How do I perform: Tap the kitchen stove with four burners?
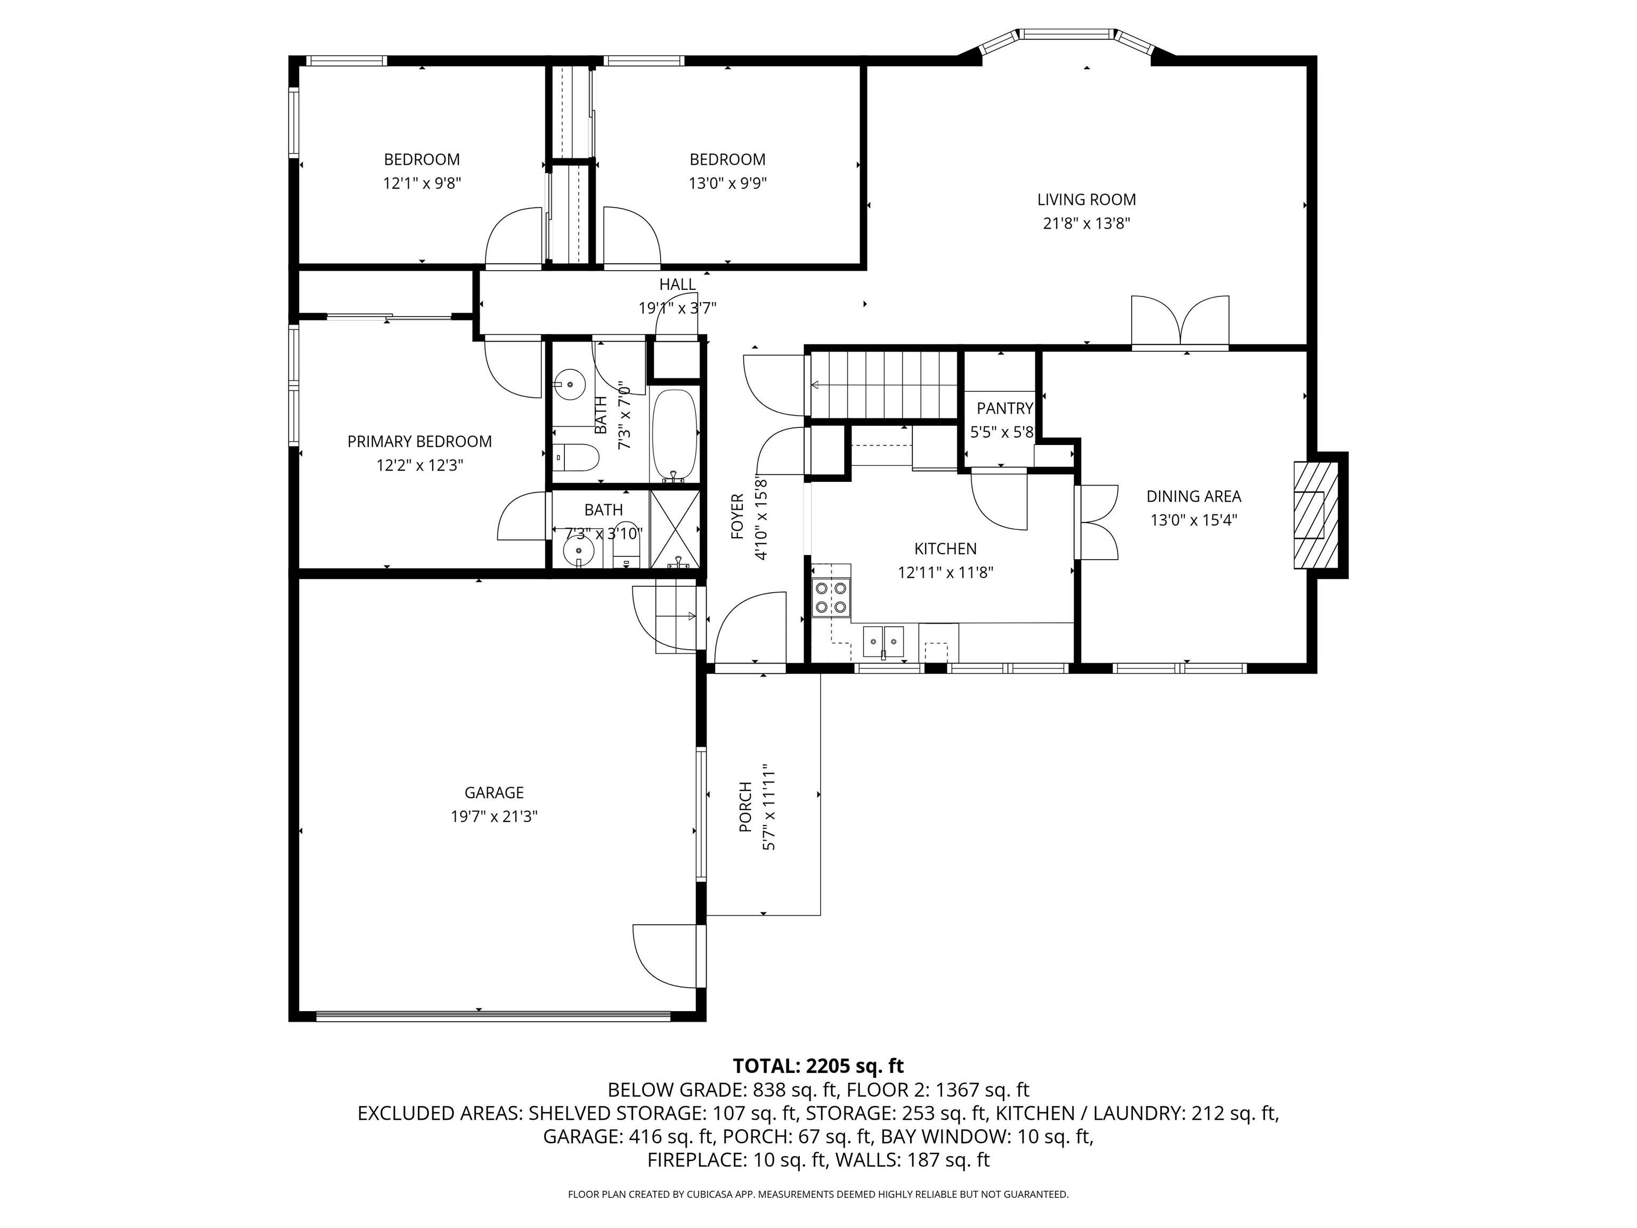point(830,598)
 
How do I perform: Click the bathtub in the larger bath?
point(674,435)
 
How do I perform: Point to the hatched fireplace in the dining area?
point(1315,515)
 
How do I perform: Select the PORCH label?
point(745,807)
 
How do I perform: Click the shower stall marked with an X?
point(674,529)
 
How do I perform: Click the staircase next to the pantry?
point(885,385)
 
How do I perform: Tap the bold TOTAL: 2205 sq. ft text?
point(818,1066)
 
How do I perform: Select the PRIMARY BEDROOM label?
point(419,441)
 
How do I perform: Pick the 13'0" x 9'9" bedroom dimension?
point(727,183)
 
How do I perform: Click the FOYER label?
point(737,516)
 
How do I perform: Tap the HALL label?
point(677,284)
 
